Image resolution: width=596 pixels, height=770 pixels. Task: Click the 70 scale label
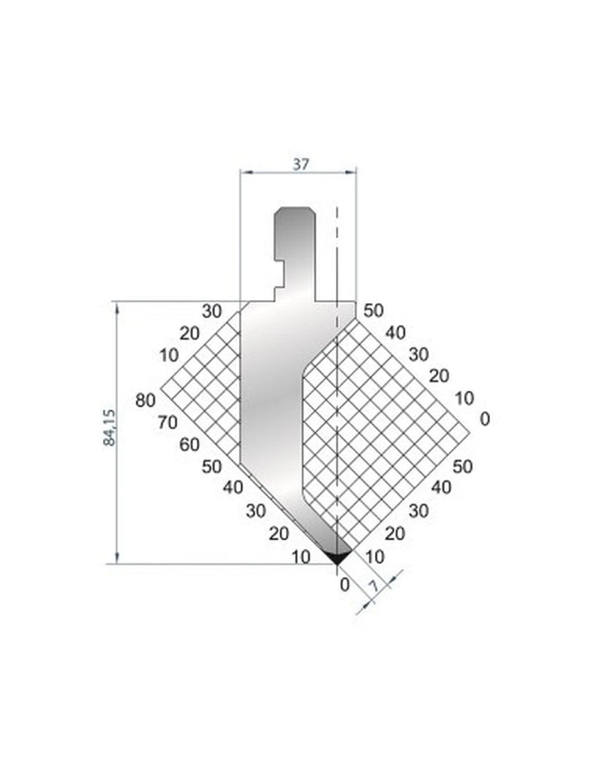point(168,421)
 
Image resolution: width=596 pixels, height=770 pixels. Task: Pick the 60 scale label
point(189,444)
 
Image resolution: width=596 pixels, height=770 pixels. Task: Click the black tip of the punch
point(337,556)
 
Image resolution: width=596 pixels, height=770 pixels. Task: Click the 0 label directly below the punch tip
point(344,584)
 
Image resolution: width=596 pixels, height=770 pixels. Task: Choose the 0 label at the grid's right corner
point(484,419)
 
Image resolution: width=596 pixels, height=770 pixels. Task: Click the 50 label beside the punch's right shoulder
point(373,310)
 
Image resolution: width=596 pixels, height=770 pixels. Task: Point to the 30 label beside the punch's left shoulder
point(212,310)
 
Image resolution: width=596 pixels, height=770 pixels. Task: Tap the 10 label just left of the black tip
point(301,557)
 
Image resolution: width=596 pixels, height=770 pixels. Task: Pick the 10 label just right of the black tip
point(374,557)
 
